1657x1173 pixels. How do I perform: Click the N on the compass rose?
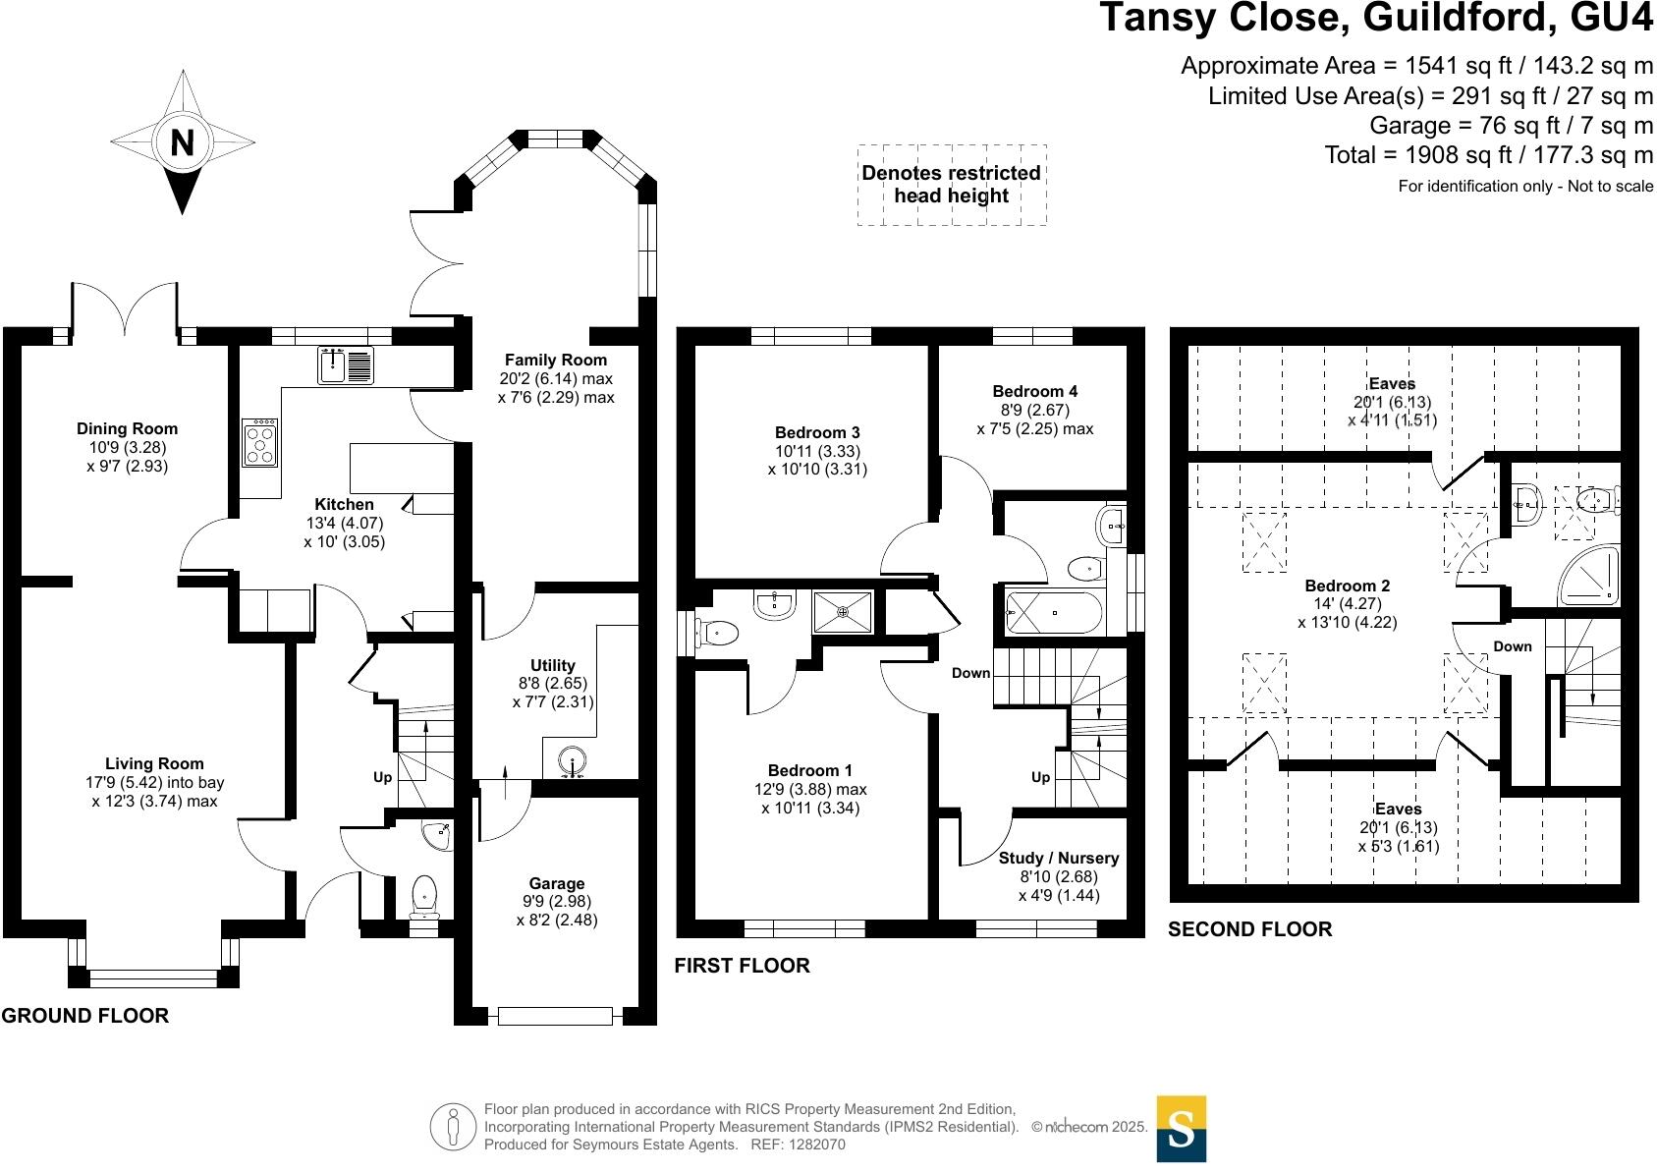pos(182,143)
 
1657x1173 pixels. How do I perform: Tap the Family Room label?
pos(556,360)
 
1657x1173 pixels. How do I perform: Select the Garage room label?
pos(556,883)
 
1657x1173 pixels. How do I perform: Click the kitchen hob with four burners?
pos(260,444)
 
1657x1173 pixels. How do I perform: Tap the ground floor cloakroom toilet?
pos(425,895)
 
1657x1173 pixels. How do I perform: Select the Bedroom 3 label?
pos(817,432)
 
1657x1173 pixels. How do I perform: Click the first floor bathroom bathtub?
pos(1052,612)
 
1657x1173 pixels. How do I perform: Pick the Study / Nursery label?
pos(1059,858)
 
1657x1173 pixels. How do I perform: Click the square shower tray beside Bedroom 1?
pos(843,611)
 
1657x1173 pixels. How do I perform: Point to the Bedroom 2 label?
pos(1347,586)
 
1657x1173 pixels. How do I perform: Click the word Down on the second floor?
pos(1512,646)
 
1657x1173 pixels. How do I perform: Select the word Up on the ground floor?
pos(382,777)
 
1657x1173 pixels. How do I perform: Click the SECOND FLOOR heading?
pos(1249,929)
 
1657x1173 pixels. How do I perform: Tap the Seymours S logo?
pos(1181,1129)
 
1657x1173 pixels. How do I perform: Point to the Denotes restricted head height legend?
pos(951,185)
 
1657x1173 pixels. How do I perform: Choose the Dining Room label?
pos(128,428)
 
